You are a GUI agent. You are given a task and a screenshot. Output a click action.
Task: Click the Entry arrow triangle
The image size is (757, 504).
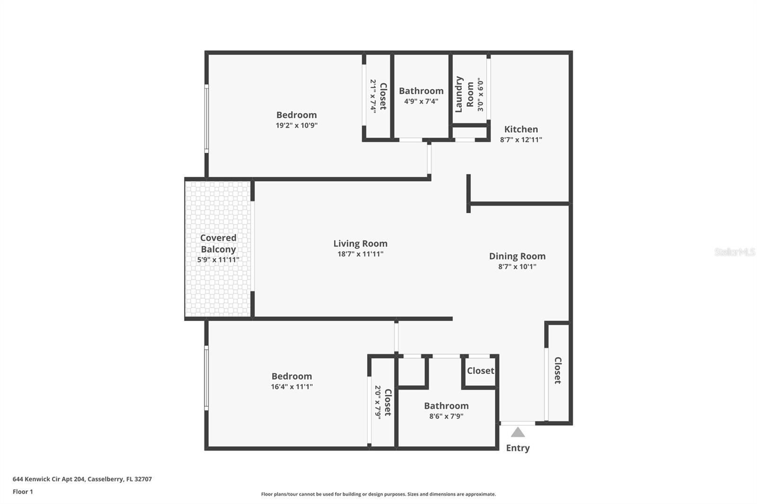coord(518,432)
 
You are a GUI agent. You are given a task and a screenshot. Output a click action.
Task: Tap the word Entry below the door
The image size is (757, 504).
coord(518,448)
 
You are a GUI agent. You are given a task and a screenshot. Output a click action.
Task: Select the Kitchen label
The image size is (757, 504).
coord(521,129)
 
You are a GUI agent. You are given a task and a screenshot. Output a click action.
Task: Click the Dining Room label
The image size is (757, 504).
coord(517,256)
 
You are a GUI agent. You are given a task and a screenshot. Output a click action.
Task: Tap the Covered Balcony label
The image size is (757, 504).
coord(218,243)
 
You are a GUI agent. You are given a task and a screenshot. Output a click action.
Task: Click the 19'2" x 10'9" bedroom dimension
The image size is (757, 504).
coord(297,125)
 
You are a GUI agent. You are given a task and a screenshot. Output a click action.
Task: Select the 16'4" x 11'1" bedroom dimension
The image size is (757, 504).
coord(292,387)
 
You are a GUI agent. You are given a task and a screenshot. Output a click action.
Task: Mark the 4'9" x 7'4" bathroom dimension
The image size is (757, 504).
coord(421,101)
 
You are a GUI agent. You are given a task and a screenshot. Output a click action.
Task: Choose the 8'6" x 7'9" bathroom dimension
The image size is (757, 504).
coord(446,416)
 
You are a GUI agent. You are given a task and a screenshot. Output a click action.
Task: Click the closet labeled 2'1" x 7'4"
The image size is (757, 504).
coord(378,96)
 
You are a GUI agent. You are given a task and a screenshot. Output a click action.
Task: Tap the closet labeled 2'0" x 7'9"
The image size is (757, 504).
coord(383,402)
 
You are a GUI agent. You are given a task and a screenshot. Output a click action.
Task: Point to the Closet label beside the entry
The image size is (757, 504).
coord(558,370)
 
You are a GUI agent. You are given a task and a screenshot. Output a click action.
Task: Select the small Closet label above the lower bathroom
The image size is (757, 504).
coord(480,371)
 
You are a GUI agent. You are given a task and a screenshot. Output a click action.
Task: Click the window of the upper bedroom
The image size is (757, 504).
coord(206,118)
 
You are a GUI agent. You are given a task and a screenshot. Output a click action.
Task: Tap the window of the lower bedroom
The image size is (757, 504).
coord(206,378)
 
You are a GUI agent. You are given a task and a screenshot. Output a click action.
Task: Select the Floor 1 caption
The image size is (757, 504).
coord(23,492)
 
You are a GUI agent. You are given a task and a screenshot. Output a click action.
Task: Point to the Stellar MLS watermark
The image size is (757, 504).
coord(735,252)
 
